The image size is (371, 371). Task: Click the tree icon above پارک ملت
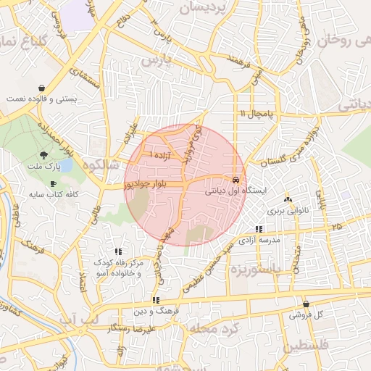coord(44,155)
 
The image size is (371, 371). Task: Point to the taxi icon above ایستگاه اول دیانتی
coord(235,180)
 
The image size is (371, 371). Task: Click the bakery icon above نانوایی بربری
coord(288,199)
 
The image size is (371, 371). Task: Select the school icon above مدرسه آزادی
coord(259,229)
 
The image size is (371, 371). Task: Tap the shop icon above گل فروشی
coord(305,304)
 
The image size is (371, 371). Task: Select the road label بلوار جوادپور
coord(145,185)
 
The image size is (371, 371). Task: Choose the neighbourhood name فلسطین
coord(305,346)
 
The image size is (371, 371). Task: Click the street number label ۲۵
coord(335,227)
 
